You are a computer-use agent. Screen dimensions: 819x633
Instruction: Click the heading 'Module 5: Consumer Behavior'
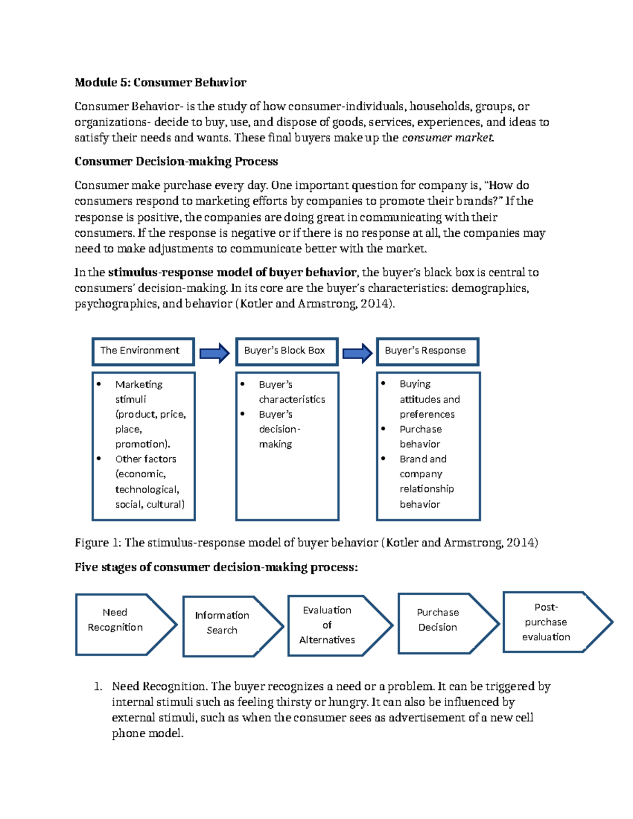pyautogui.click(x=160, y=82)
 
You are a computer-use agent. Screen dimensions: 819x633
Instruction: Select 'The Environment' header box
pyautogui.click(x=143, y=351)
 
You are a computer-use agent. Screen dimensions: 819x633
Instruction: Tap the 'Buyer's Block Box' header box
pyautogui.click(x=286, y=351)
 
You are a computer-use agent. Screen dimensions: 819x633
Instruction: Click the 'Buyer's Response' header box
pyautogui.click(x=427, y=351)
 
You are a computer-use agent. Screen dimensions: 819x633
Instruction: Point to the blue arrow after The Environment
pyautogui.click(x=215, y=353)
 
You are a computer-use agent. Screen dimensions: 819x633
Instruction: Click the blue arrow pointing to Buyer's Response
pyautogui.click(x=358, y=353)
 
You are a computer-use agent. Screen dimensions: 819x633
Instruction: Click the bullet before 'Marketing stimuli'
pyautogui.click(x=99, y=384)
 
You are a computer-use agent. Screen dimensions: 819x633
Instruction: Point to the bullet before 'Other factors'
pyautogui.click(x=99, y=459)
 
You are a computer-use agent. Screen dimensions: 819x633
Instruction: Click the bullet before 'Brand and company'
pyautogui.click(x=383, y=458)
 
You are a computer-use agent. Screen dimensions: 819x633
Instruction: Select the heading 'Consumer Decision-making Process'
pyautogui.click(x=176, y=161)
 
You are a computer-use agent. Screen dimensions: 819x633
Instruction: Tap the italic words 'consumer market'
pyautogui.click(x=448, y=138)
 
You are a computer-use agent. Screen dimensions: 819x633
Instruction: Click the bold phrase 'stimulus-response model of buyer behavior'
pyautogui.click(x=232, y=273)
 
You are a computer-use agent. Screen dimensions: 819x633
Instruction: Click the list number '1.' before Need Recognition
pyautogui.click(x=98, y=687)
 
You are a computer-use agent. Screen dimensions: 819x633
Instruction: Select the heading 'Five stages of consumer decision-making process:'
pyautogui.click(x=216, y=567)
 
